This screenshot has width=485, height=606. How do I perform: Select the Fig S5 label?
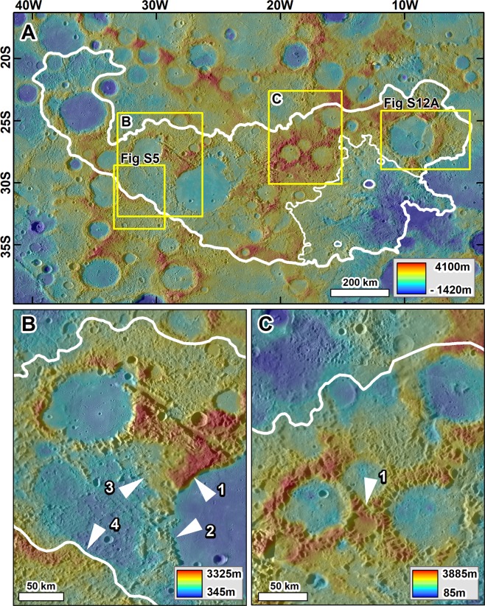tap(140, 157)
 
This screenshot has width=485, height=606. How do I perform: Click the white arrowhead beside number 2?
tap(189, 529)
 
